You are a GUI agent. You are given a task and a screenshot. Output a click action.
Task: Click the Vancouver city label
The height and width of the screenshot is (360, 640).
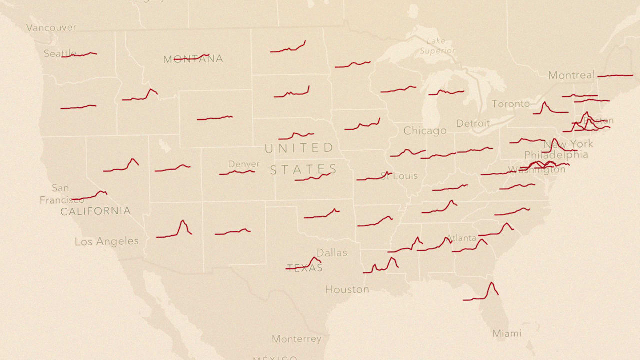coord(51,28)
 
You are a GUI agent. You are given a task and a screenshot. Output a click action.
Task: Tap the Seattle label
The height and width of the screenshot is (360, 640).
coord(60,53)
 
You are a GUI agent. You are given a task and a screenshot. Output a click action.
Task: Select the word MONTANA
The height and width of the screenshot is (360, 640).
coord(193,59)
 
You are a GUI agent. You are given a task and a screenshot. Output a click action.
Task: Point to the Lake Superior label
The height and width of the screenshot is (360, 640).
coord(437,46)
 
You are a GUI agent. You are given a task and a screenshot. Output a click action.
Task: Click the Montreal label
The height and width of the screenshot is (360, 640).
coord(571,75)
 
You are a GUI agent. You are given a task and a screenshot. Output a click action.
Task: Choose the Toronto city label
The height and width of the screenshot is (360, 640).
coord(511,104)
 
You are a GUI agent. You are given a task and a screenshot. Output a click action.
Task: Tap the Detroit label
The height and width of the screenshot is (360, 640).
coord(473,123)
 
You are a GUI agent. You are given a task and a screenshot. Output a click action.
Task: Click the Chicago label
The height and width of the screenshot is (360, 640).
coord(425,131)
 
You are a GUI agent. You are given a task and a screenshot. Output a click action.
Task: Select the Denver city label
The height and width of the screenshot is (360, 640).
coord(244,164)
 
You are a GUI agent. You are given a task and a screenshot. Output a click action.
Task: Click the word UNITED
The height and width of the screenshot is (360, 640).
coord(299,148)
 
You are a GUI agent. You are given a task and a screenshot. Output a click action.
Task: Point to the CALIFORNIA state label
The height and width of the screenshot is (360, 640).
coord(95,211)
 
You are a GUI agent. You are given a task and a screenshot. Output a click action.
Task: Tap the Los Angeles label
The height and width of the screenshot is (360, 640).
coord(107,241)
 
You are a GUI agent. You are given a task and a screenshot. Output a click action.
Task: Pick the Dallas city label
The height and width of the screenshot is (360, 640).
coord(331,253)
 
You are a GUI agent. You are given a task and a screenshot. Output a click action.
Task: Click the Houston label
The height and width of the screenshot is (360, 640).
coord(347,289)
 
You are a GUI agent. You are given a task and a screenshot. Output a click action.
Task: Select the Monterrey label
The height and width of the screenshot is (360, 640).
coord(296,339)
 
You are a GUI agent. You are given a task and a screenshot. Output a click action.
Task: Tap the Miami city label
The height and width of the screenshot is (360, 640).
coord(507,333)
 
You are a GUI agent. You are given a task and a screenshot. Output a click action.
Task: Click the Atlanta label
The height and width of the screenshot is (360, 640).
coord(462,238)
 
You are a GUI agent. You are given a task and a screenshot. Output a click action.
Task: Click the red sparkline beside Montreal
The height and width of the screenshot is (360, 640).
coord(615,76)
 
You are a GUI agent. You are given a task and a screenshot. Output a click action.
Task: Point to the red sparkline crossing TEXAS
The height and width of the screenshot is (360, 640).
coord(304,265)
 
